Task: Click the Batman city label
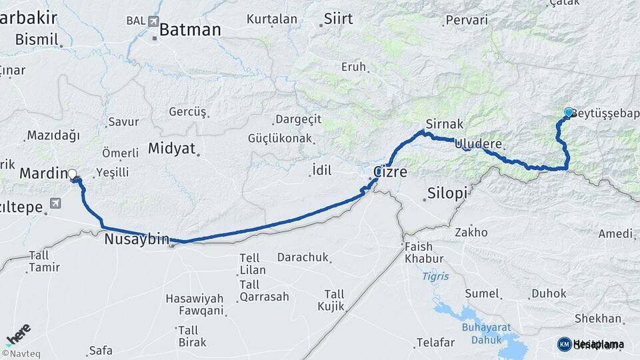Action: click(190, 30)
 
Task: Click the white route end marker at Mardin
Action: click(73, 175)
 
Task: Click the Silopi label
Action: click(446, 193)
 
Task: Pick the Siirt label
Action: click(338, 19)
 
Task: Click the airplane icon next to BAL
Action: click(154, 21)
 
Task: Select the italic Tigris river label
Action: click(435, 276)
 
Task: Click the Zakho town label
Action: click(471, 233)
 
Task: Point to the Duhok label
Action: click(549, 293)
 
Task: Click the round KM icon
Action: click(565, 344)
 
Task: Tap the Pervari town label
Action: click(467, 21)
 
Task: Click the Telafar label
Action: click(435, 343)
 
